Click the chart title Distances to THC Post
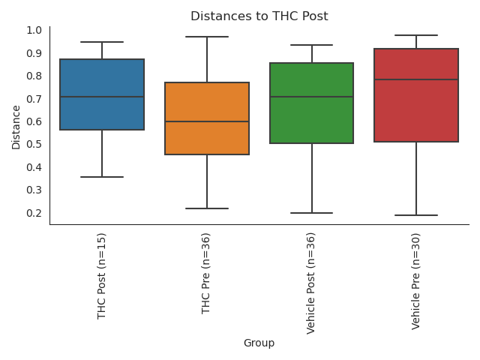(x=259, y=16)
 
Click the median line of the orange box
(x=207, y=121)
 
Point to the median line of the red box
(x=416, y=79)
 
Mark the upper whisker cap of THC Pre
(x=207, y=37)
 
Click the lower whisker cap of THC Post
(x=102, y=177)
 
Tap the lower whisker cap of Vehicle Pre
(x=416, y=215)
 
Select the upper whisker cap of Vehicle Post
(x=311, y=45)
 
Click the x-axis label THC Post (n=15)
(x=102, y=275)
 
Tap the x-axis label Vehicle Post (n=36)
(x=311, y=283)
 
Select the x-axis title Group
(x=259, y=343)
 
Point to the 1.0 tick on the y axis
(x=34, y=30)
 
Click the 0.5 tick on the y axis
(x=34, y=144)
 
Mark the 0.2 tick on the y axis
(x=34, y=213)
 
